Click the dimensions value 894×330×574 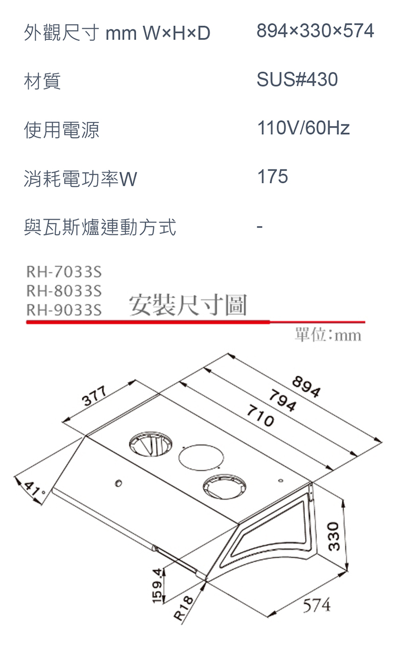click(315, 32)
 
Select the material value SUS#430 click(297, 79)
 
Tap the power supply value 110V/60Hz click(303, 128)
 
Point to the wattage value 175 click(273, 177)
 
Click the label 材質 click(42, 81)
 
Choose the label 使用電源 click(61, 130)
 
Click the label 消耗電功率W click(80, 179)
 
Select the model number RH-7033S click(63, 271)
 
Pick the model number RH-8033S click(63, 291)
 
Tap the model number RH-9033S click(63, 310)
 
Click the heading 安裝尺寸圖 click(188, 306)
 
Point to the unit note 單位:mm click(328, 335)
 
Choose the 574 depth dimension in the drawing click(316, 606)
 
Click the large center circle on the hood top click(200, 457)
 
